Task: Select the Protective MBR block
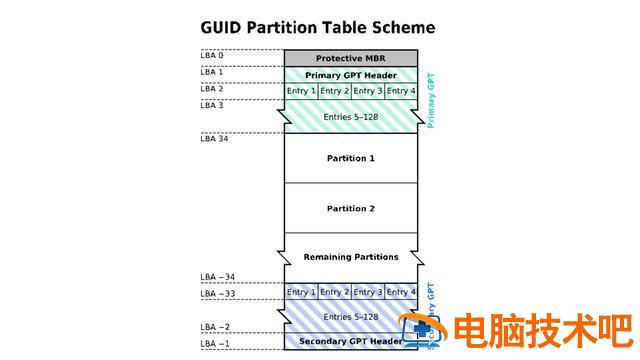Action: point(350,58)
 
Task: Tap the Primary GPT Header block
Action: point(350,75)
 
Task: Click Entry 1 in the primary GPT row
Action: point(301,91)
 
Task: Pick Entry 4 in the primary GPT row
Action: point(400,91)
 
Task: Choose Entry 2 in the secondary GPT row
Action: point(334,291)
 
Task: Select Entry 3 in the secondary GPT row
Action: point(367,291)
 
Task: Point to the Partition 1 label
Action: point(350,158)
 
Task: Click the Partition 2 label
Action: point(350,208)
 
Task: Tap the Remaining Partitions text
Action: point(350,257)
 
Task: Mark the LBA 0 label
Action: point(212,55)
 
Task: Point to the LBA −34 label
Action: point(216,277)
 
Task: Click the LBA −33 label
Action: point(216,294)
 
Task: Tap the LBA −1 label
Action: point(214,344)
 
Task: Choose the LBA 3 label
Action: point(212,105)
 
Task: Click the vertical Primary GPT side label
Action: point(431,99)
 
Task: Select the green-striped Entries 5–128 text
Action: point(350,116)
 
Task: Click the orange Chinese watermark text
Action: point(540,330)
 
